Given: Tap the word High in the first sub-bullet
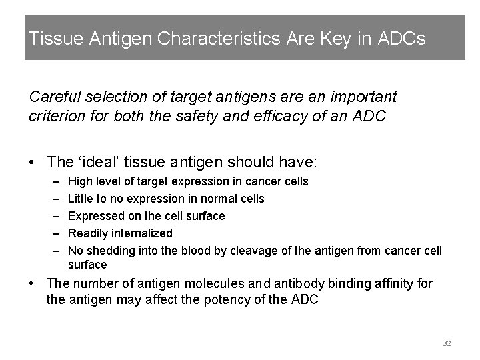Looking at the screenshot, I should tap(81, 181).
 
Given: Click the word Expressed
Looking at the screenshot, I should tap(95, 216).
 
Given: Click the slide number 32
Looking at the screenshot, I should tap(447, 343).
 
